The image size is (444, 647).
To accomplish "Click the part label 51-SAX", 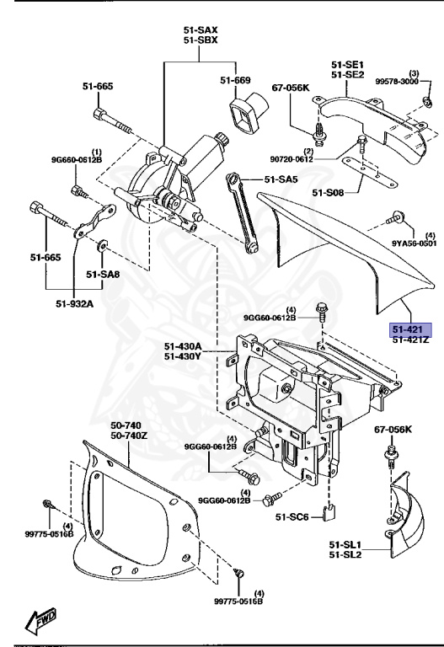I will point(200,30).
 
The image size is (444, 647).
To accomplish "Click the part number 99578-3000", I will point(397,82).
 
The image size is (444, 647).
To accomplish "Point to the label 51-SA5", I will point(281,179).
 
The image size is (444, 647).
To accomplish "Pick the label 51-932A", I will point(76,304).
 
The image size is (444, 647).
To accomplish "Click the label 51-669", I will point(236,81).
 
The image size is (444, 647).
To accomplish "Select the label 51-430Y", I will point(182,356).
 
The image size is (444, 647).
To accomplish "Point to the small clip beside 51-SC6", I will point(330,511).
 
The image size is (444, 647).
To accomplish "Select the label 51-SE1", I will point(346,65).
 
